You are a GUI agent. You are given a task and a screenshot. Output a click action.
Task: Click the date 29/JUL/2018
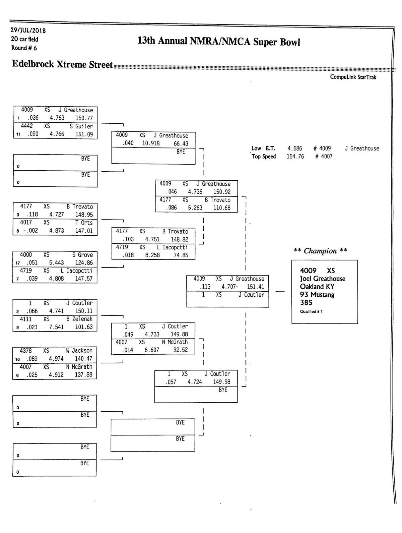coord(28,31)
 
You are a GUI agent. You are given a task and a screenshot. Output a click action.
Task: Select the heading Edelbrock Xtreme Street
coord(62,64)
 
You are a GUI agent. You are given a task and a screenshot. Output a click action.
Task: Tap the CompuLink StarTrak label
coord(353,77)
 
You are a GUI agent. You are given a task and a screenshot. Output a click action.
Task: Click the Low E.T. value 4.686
coord(295,149)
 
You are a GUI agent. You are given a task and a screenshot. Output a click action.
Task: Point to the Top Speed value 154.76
coord(295,157)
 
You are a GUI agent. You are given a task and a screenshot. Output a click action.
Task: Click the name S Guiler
coord(81,126)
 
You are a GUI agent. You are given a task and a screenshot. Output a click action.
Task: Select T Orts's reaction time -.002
coord(30,231)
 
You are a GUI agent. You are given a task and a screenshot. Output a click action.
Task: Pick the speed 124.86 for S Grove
coord(84,263)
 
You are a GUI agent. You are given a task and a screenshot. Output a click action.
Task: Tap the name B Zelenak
coord(79,319)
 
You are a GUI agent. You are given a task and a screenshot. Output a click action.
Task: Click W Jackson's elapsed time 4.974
coord(56,359)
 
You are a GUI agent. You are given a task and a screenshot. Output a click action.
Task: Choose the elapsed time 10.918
coord(151,143)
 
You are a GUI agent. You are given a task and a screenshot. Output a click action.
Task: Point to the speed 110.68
coord(222,208)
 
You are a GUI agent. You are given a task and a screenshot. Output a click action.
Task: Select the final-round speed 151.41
coord(255,287)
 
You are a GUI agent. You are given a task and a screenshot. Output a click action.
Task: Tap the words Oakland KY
coord(317,287)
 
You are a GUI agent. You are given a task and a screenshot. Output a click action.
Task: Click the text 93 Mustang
coord(317,295)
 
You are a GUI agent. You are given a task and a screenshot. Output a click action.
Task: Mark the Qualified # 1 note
coord(311,312)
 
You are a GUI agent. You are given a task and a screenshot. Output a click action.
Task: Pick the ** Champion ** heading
coord(320,251)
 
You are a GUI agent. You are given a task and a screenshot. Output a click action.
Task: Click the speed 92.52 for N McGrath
coord(181,350)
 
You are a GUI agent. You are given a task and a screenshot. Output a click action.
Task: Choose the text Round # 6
coord(24,48)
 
